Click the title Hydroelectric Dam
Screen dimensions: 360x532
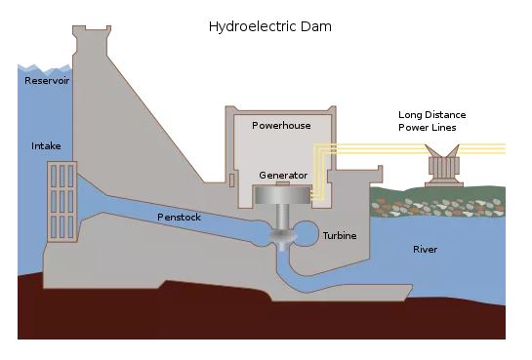(x=270, y=26)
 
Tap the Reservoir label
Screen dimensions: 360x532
(x=47, y=81)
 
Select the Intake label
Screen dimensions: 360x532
(x=46, y=146)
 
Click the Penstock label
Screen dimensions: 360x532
(x=179, y=217)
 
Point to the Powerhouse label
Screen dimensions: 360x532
(x=281, y=126)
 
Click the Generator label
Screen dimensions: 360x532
(x=283, y=176)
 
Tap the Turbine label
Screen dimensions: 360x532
(x=340, y=236)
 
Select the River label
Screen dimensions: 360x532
(x=425, y=250)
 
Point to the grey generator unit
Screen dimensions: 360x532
(x=282, y=194)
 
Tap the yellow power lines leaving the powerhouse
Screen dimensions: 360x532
(x=410, y=149)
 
